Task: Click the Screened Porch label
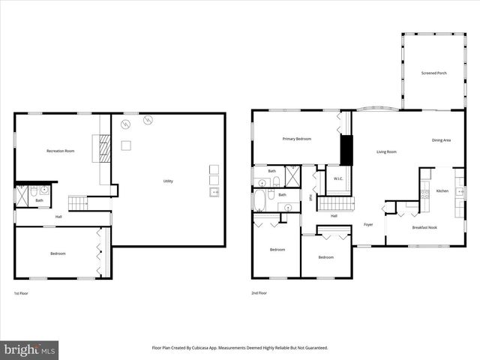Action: pos(434,73)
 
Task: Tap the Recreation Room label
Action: pos(60,151)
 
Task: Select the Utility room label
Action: pos(168,181)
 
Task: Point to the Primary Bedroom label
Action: pos(296,139)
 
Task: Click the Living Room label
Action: pos(386,152)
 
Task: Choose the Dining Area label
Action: pos(441,140)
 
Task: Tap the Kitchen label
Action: pos(442,191)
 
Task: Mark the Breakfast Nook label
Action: pos(424,227)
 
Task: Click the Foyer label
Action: pos(368,224)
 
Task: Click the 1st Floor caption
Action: pos(22,292)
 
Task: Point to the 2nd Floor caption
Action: pos(259,292)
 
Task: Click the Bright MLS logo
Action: pos(29,350)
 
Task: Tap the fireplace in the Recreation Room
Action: pos(105,148)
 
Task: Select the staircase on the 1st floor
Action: pos(78,202)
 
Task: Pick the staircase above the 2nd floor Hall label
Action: pos(335,203)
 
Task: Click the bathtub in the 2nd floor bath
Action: pos(259,201)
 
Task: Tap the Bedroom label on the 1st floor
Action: pos(58,253)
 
